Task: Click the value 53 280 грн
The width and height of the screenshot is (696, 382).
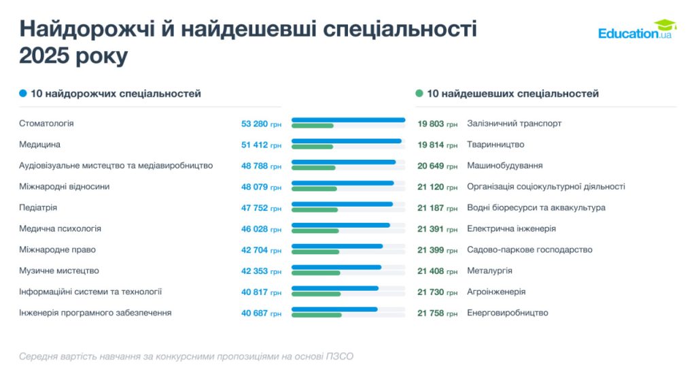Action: [261, 124]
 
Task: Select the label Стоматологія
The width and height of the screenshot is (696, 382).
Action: [46, 124]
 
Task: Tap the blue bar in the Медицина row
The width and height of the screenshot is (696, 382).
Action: [346, 141]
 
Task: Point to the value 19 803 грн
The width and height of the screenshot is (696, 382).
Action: [437, 124]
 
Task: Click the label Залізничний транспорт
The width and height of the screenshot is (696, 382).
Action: [514, 124]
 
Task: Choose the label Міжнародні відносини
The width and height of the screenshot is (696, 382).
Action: [64, 186]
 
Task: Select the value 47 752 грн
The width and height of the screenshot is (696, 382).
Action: [261, 207]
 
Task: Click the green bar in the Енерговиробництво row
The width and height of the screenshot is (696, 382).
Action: [316, 315]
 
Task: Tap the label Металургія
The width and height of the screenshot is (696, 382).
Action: [489, 271]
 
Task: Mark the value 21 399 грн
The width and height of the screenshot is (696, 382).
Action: [437, 249]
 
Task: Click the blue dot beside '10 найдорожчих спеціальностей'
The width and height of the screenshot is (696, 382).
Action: [23, 94]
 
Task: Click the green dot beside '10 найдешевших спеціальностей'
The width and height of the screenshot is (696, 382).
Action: [419, 94]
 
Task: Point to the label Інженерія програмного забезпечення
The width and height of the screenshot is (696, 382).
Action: [95, 313]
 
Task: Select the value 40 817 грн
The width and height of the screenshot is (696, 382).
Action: [261, 292]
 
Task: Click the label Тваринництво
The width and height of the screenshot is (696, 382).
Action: [495, 144]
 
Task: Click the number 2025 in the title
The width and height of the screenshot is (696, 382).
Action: [45, 56]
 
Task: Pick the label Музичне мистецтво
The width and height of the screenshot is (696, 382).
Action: [59, 271]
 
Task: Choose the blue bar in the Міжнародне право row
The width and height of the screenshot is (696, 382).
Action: [337, 246]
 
